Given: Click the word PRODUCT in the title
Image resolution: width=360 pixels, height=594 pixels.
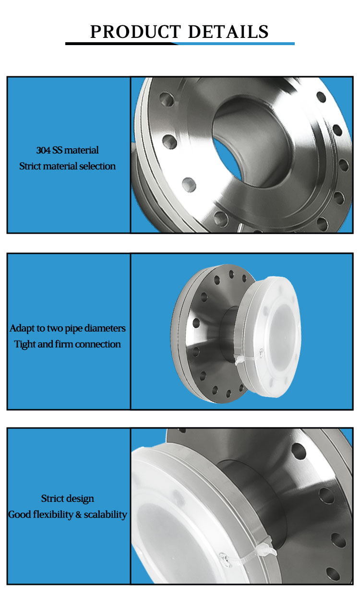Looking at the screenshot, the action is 135,32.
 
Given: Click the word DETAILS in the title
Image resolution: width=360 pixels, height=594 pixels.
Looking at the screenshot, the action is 228,32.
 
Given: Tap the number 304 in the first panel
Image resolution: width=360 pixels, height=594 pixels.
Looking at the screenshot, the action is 43,150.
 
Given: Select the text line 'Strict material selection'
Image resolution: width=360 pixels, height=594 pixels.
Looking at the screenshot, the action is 67,166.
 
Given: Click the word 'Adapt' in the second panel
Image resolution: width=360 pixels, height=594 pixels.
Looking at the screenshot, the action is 22,329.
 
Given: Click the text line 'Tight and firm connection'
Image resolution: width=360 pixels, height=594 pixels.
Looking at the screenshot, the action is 67,344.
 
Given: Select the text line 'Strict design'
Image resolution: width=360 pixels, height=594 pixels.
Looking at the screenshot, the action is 67,499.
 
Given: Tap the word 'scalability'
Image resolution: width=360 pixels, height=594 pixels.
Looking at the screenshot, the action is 105,514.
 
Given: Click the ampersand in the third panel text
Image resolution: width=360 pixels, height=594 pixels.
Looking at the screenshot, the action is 79,515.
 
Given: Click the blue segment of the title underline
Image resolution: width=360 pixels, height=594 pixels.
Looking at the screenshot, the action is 236,44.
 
